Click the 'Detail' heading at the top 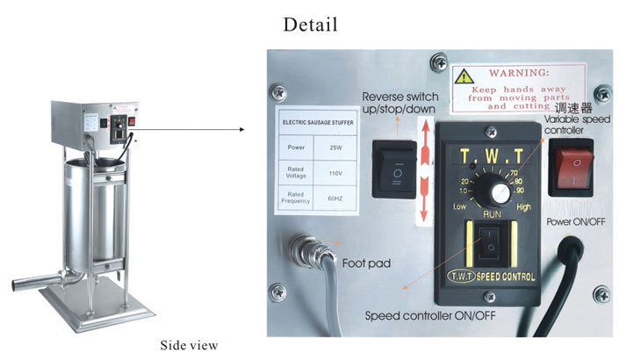pyautogui.click(x=310, y=24)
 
